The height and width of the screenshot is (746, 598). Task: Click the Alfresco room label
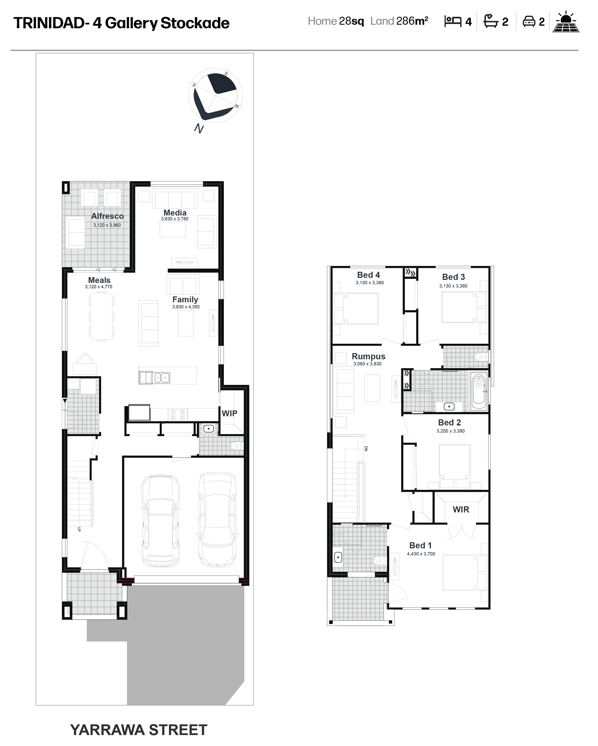pos(107,216)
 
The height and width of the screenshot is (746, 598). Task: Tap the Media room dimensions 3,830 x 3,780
pos(174,219)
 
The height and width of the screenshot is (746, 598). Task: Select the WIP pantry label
pos(229,413)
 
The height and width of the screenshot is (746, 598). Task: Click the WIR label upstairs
pos(461,509)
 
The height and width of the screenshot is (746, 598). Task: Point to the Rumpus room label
pos(369,356)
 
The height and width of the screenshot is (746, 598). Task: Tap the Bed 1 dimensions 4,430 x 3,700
pos(421,554)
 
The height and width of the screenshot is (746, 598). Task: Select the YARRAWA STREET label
pos(139,730)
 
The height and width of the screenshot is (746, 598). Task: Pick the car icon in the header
pos(529,21)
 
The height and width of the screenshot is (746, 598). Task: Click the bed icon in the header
pos(453,21)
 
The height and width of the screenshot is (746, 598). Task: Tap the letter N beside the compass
pos(199,128)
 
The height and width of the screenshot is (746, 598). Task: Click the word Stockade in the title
pos(195,23)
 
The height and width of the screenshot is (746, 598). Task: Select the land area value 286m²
pos(412,21)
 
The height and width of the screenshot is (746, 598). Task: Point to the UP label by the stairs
pos(79,529)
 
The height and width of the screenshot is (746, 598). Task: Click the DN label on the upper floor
pos(366,449)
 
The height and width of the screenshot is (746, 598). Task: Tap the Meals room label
pos(99,280)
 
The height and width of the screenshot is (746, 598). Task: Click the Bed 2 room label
pos(450,422)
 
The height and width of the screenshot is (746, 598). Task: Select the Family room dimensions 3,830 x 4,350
pos(186,307)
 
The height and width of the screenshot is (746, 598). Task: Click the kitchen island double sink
pos(162,378)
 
